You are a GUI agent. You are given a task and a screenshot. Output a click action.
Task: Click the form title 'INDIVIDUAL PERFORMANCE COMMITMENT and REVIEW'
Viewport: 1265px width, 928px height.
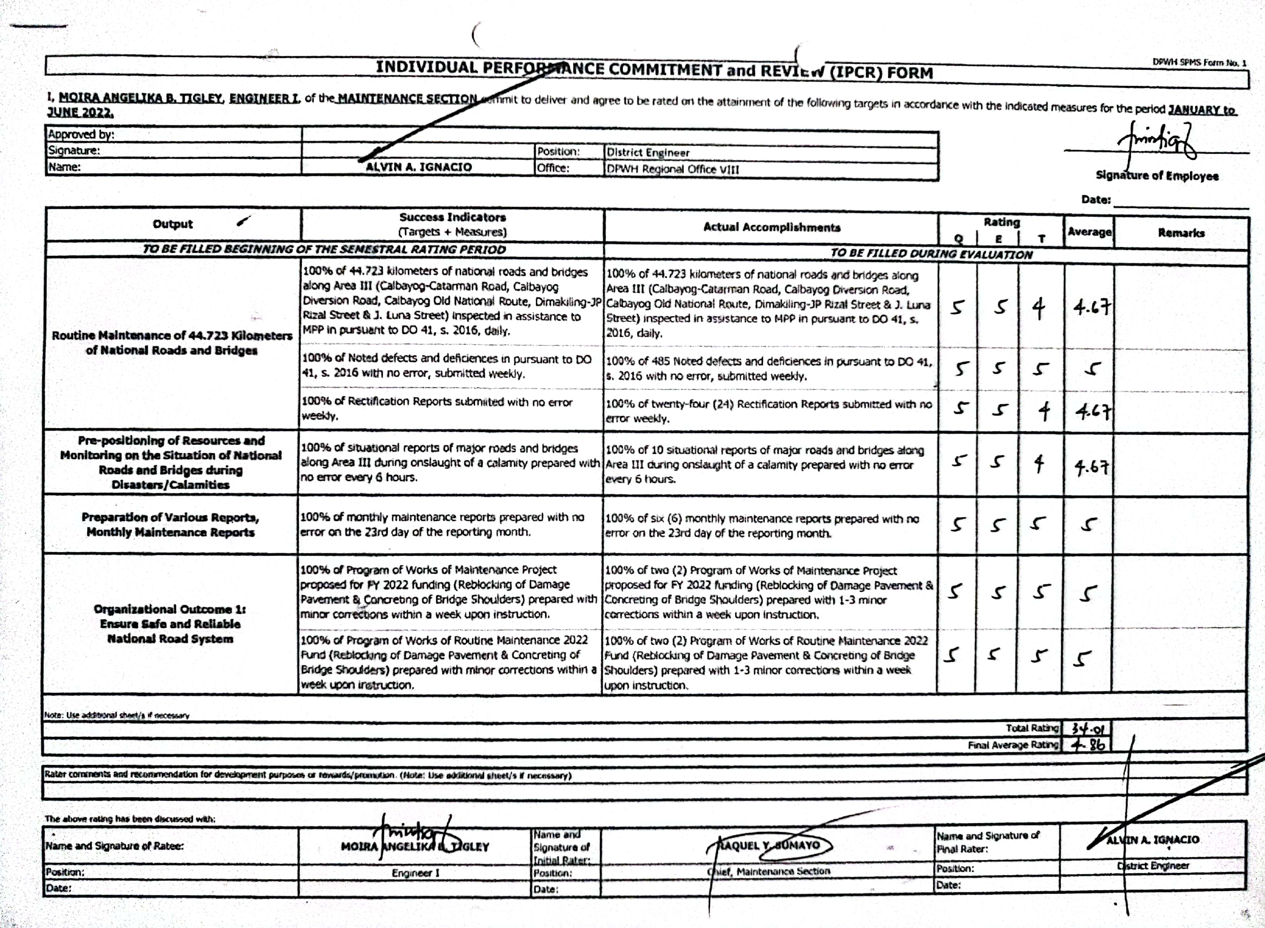[654, 70]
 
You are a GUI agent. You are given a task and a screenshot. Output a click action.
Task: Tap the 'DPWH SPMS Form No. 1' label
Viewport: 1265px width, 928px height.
[1199, 63]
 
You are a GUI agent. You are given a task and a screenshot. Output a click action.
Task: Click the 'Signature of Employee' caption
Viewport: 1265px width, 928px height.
[1157, 176]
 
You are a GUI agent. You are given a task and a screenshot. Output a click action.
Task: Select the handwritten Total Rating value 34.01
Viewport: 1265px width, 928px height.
[1087, 729]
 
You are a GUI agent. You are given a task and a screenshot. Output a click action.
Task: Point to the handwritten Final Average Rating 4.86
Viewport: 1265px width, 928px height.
[1087, 745]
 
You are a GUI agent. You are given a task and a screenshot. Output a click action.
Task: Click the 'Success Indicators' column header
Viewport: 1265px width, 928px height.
[453, 224]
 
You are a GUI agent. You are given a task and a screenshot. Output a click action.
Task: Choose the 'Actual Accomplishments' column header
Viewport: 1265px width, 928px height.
[772, 227]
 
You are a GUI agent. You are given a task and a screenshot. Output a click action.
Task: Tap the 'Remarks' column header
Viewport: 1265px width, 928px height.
[1181, 232]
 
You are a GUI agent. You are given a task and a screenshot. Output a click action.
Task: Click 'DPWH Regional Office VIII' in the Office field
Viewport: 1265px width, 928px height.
[673, 169]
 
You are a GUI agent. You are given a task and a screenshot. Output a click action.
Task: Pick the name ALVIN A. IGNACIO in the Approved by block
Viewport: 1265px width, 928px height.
[418, 167]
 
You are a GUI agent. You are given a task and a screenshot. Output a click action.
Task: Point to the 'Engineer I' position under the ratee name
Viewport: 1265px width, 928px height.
[416, 873]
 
